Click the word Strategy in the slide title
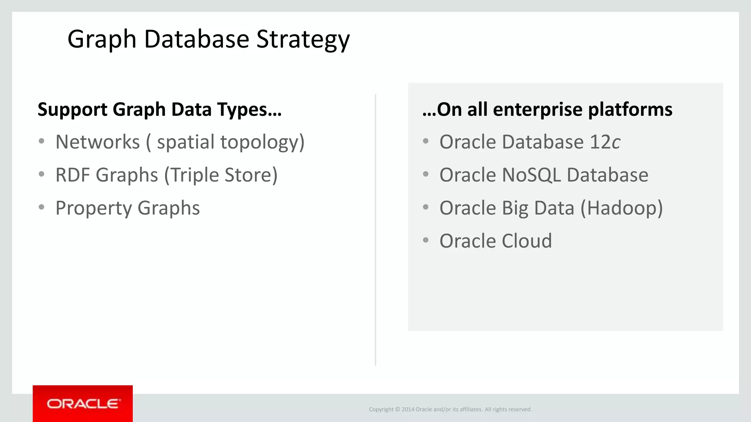pos(303,40)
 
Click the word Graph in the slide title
pos(102,40)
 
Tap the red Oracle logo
pos(83,404)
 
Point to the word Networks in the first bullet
pos(98,142)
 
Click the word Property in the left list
pos(93,208)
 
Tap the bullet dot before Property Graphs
pos(41,207)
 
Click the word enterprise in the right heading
pos(538,110)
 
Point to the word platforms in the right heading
pos(630,110)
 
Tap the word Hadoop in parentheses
pos(622,208)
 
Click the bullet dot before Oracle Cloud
pos(426,240)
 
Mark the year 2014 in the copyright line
pos(408,410)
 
